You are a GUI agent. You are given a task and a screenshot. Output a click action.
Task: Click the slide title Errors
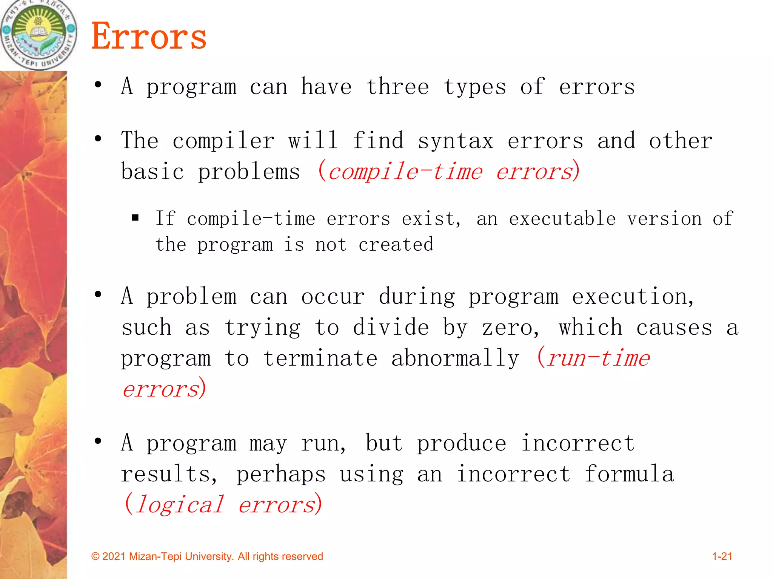149,36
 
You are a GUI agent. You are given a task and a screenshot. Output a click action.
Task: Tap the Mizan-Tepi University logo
38,34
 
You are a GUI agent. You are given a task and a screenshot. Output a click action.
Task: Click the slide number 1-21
722,556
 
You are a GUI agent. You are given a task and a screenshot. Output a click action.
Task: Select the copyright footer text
207,556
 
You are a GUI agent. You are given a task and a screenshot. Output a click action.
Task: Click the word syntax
456,141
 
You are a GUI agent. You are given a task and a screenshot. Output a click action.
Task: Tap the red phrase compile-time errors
449,172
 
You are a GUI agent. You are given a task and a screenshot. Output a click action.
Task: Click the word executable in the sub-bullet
562,219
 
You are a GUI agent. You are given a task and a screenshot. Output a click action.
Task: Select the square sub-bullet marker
136,218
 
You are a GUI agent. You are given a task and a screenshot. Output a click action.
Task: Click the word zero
510,327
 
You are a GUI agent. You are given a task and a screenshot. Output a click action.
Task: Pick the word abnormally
455,358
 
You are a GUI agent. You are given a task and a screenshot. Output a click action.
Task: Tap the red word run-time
598,358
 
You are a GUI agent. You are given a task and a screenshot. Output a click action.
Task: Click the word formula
629,474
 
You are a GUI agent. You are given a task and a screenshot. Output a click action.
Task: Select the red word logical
180,504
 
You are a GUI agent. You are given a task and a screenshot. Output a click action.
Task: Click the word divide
391,327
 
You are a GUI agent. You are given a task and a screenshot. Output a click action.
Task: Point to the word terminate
320,358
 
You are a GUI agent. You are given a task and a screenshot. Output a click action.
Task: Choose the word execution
633,296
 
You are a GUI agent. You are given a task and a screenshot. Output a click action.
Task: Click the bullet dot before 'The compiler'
98,139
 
